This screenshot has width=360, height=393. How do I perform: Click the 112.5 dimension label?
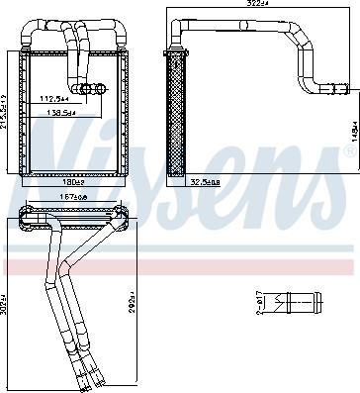tap(54, 99)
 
